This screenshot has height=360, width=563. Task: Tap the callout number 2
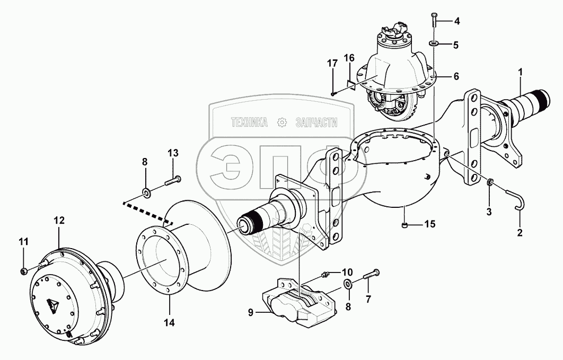pos(520,232)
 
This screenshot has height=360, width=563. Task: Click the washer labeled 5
pos(455,76)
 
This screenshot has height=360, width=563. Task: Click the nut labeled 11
pos(24,271)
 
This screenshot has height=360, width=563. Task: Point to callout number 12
pos(58,219)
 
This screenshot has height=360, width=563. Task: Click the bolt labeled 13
pos(172,181)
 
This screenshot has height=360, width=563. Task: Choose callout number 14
pos(170,321)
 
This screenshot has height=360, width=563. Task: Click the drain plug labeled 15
pos(406,225)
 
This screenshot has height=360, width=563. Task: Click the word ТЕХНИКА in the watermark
pos(249,122)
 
